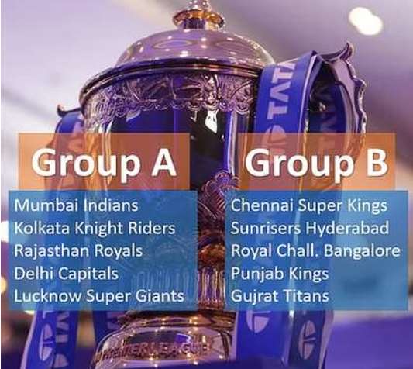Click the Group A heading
(105, 163)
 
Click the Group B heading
(317, 163)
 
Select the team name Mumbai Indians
(77, 205)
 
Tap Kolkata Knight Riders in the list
(95, 228)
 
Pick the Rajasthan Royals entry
(78, 250)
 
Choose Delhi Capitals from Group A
(67, 274)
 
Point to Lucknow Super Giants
(99, 296)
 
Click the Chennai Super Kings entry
(309, 205)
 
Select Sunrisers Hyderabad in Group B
(310, 228)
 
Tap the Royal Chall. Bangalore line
(315, 250)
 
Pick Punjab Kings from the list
(280, 274)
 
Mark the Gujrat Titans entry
(280, 296)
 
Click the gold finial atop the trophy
(199, 15)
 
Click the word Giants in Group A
(160, 296)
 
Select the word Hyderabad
(347, 228)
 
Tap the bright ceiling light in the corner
(364, 21)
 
